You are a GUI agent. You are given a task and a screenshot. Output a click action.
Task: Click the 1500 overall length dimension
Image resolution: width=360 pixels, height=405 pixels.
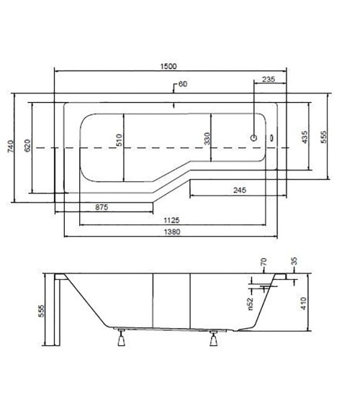pos(168,66)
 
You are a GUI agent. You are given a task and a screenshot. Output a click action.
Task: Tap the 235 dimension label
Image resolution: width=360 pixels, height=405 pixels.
pos(269,79)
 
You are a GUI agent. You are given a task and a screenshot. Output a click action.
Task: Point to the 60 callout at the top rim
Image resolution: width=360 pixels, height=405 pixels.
pos(183,84)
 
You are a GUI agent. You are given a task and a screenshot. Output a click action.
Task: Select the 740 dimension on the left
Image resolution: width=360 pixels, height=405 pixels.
pos(11,147)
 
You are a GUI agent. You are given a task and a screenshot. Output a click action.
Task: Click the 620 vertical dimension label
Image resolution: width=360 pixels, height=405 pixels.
pos(27,145)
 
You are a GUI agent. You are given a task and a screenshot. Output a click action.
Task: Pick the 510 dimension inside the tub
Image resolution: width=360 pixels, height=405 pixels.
pos(119,140)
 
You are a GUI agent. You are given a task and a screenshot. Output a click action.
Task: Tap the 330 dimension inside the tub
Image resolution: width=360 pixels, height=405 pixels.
pos(207,138)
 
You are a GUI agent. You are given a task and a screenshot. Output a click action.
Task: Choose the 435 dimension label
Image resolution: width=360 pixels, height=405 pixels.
pos(305,137)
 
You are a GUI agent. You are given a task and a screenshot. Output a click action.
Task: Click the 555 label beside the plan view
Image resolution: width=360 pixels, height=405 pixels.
pos(323,137)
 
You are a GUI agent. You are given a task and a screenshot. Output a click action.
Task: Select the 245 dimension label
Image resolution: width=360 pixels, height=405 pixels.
pos(240,190)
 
